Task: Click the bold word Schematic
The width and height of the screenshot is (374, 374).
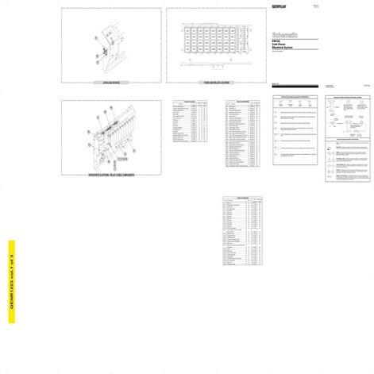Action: [x=285, y=35]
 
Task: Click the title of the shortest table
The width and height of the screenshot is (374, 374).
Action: [x=190, y=102]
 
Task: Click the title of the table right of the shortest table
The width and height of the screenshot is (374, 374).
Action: [x=242, y=102]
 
